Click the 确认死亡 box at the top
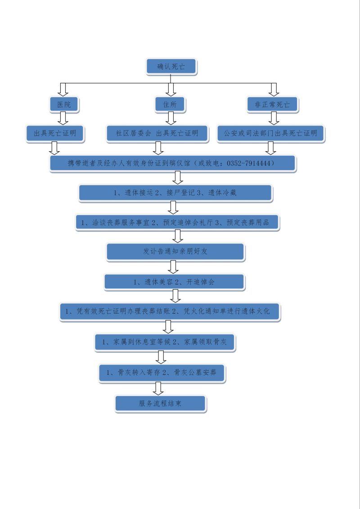(x=171, y=67)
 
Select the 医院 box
(x=63, y=104)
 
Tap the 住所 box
(x=170, y=104)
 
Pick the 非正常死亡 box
(x=273, y=105)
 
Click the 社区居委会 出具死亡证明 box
(x=157, y=133)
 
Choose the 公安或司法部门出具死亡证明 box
(x=270, y=133)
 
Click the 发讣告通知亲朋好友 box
(x=175, y=252)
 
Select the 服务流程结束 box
(x=160, y=404)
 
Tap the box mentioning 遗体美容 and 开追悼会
(x=174, y=282)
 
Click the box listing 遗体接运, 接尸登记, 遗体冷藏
(x=175, y=193)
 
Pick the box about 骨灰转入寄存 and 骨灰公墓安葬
(x=162, y=373)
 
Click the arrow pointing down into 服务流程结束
(x=158, y=388)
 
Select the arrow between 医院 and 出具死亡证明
(x=63, y=118)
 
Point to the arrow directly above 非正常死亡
(x=274, y=90)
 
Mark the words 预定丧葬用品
(x=248, y=223)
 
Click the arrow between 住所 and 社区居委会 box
(x=171, y=118)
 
